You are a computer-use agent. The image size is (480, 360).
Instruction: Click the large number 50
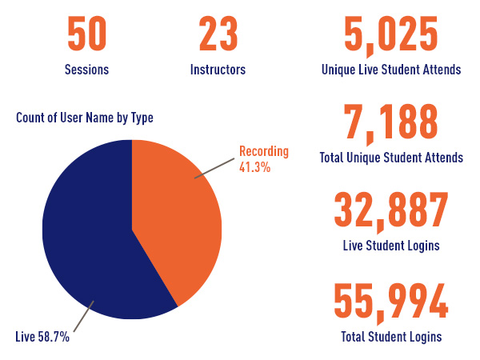pyautogui.click(x=86, y=35)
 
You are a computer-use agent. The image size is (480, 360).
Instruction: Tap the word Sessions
pyautogui.click(x=86, y=70)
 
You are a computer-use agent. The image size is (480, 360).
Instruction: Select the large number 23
pyautogui.click(x=218, y=35)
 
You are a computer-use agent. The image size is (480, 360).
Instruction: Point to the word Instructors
pyautogui.click(x=218, y=70)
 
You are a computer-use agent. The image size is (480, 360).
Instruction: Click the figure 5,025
pyautogui.click(x=390, y=35)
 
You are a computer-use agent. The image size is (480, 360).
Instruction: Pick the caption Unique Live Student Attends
pyautogui.click(x=390, y=70)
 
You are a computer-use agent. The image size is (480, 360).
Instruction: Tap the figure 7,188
pyautogui.click(x=390, y=122)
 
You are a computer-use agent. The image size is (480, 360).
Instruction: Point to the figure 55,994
pyautogui.click(x=390, y=301)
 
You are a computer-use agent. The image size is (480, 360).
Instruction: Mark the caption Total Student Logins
pyautogui.click(x=390, y=335)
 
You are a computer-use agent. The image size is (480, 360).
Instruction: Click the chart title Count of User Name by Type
pyautogui.click(x=84, y=118)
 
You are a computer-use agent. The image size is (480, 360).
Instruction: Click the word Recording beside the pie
pyautogui.click(x=264, y=152)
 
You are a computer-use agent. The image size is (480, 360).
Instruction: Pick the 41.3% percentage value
pyautogui.click(x=254, y=167)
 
